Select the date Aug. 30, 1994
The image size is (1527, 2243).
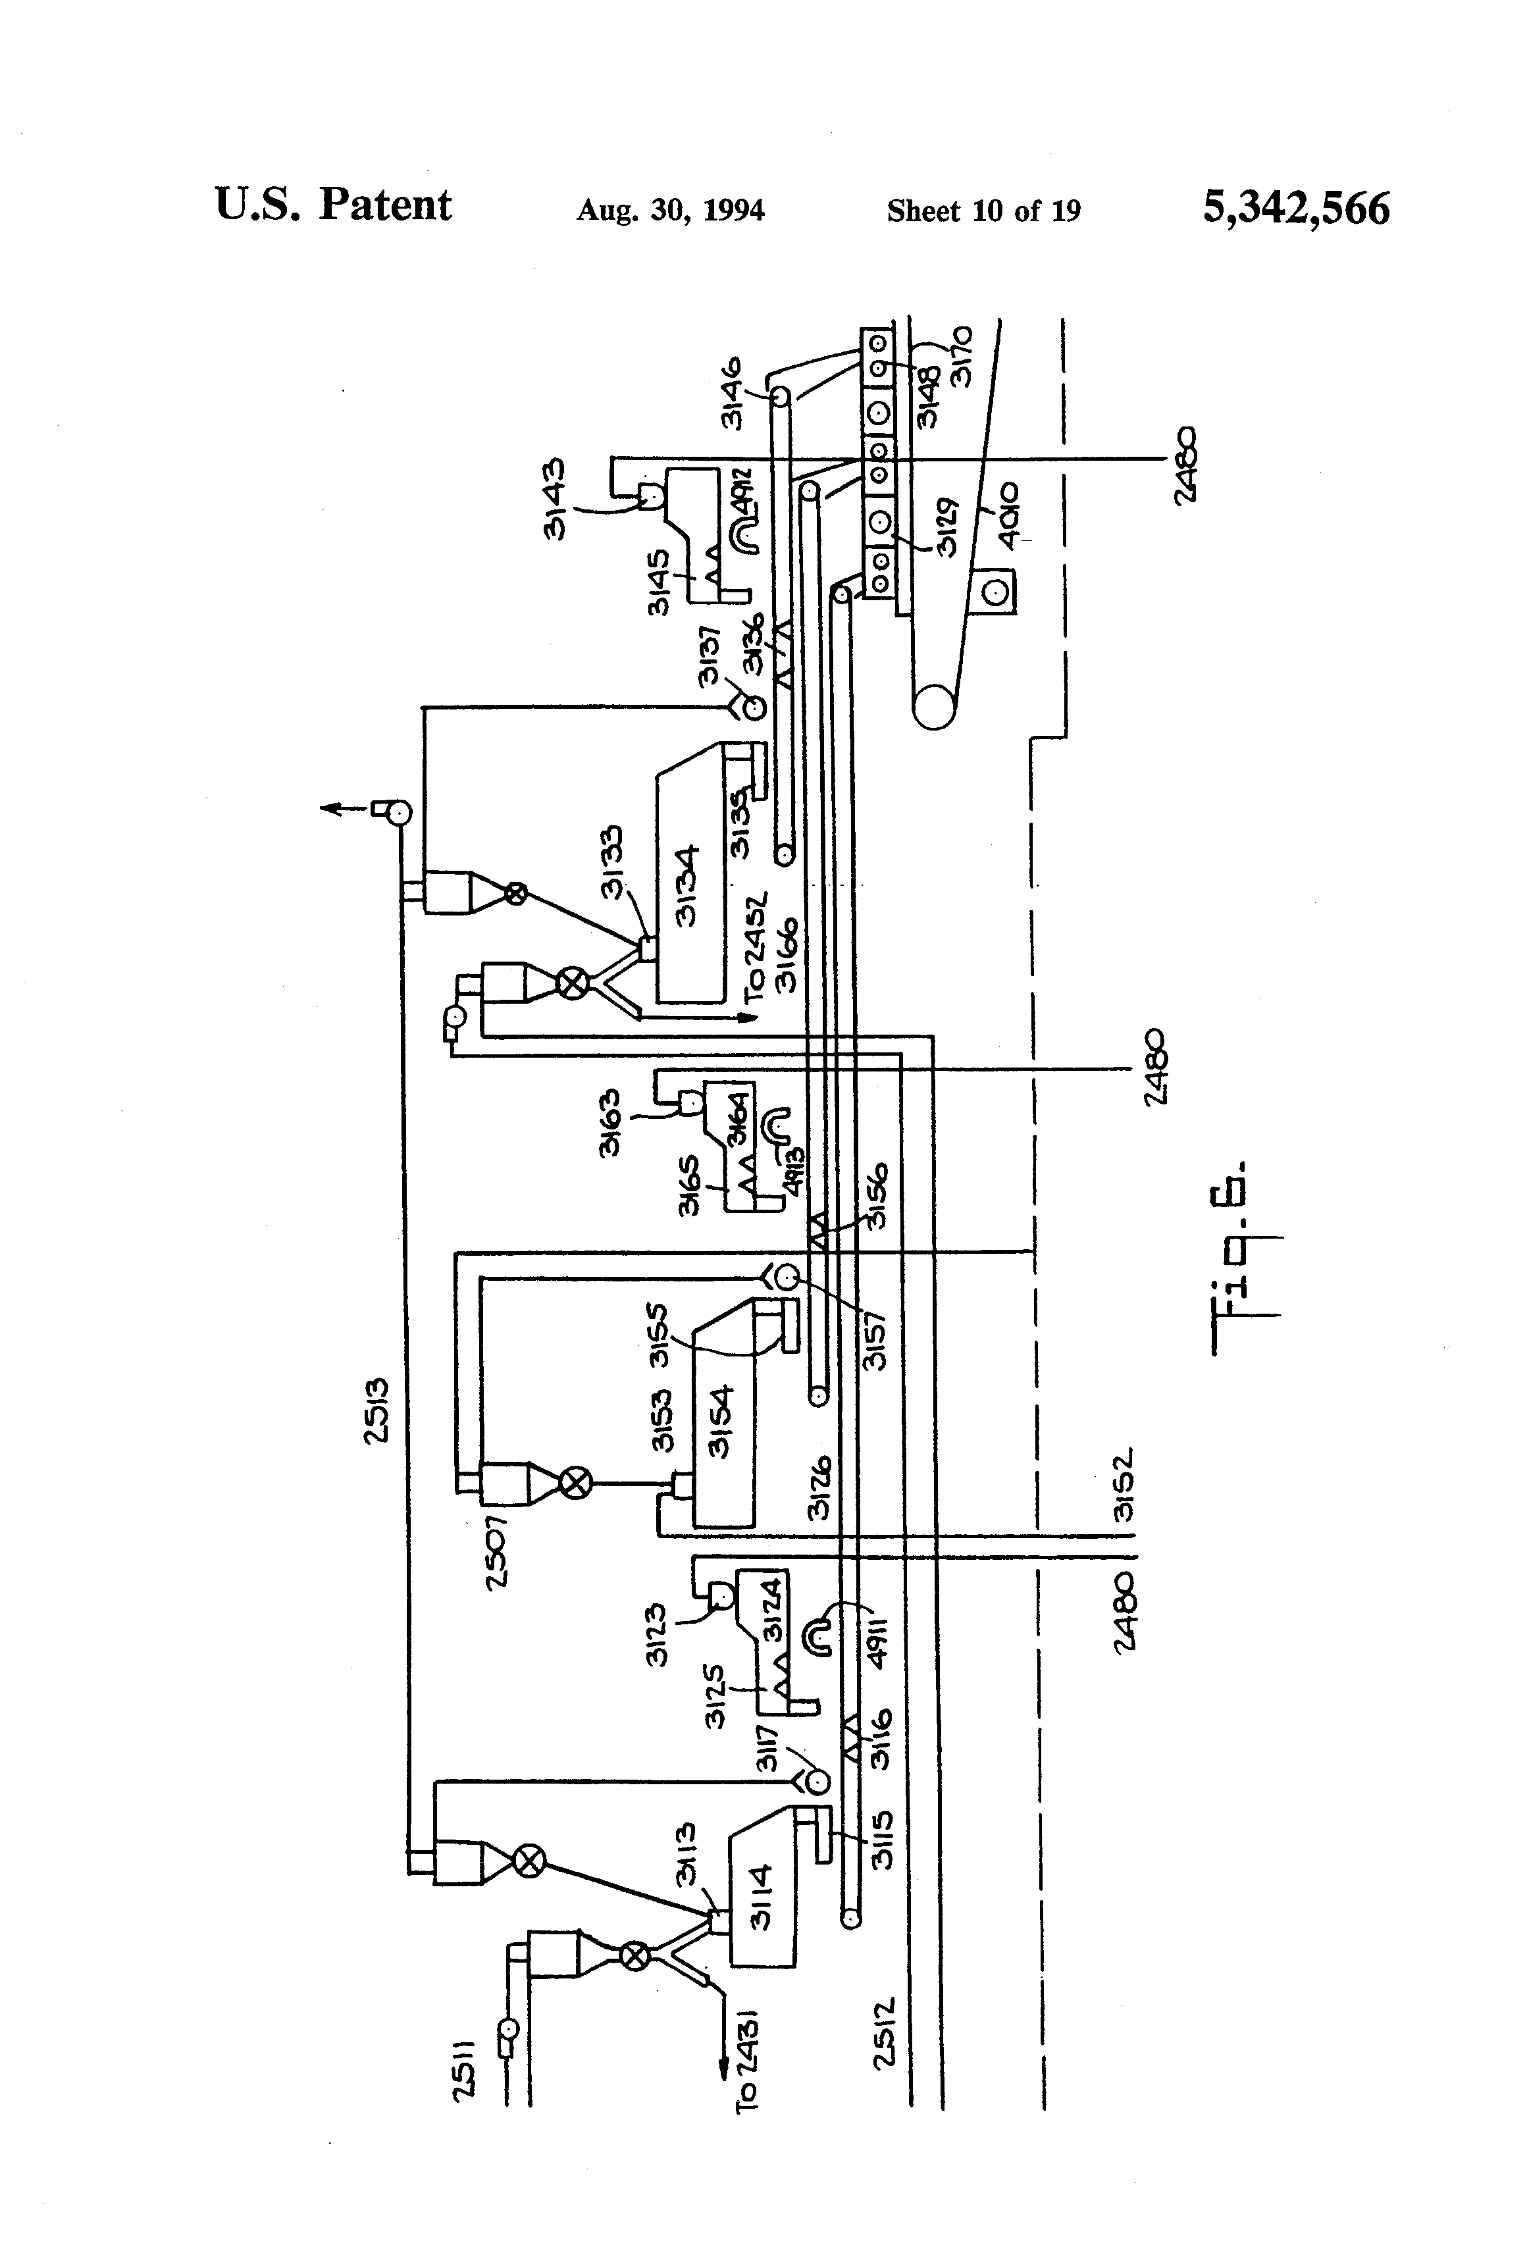[670, 211]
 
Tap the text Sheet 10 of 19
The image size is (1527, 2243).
[983, 211]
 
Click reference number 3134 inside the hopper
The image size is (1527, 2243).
[687, 885]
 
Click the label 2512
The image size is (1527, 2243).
[886, 2046]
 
